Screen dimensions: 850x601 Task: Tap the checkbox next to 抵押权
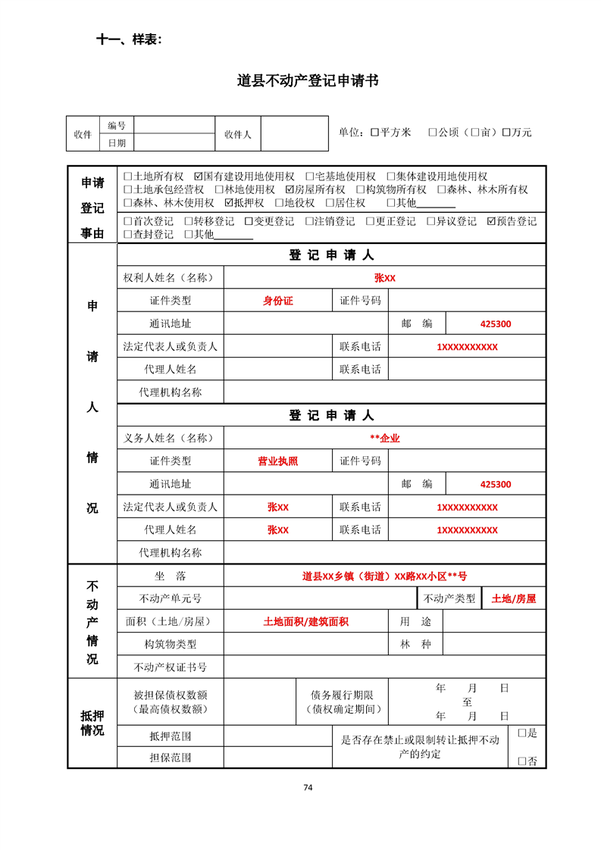tap(230, 203)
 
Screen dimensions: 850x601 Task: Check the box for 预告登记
tap(492, 222)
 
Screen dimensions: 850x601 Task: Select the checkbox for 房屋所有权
tap(290, 190)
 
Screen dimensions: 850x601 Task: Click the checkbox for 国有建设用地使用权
tap(199, 177)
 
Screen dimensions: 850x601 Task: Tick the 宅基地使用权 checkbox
tap(310, 177)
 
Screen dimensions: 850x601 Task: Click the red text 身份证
tap(277, 301)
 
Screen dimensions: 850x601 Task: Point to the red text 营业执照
tap(277, 461)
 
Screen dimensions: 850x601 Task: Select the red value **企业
tap(384, 438)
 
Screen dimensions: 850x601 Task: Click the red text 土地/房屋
tap(513, 598)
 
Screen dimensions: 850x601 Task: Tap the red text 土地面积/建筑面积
tap(305, 622)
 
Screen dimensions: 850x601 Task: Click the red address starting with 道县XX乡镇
tap(384, 576)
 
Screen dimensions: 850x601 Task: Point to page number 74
tap(308, 787)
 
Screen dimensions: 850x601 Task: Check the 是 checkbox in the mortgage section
tap(521, 733)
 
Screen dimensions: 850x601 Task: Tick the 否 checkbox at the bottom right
tap(521, 761)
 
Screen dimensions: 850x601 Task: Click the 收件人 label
tap(237, 134)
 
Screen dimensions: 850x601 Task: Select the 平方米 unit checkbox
tap(374, 133)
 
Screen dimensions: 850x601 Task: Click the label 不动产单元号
tap(171, 598)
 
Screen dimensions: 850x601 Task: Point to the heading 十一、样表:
tap(128, 39)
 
